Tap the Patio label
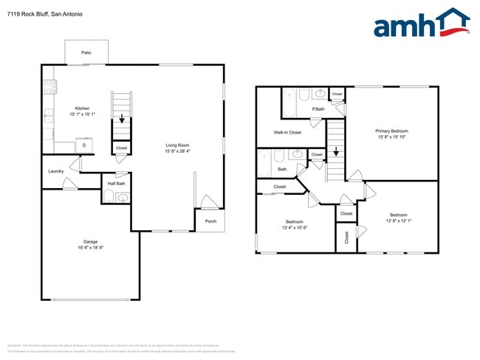tap(86, 53)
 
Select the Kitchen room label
tap(62, 108)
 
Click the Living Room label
tap(177, 145)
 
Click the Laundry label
tap(55, 171)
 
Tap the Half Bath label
tap(116, 184)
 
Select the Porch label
tap(210, 221)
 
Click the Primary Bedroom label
tap(391, 131)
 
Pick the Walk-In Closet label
tap(287, 133)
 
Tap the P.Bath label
tap(318, 109)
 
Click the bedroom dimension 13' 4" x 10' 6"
tap(300, 227)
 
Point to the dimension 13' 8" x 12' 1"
tap(398, 221)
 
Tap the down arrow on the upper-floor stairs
tap(336, 153)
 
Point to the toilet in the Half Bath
tap(108, 197)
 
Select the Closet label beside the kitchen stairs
tap(122, 148)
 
